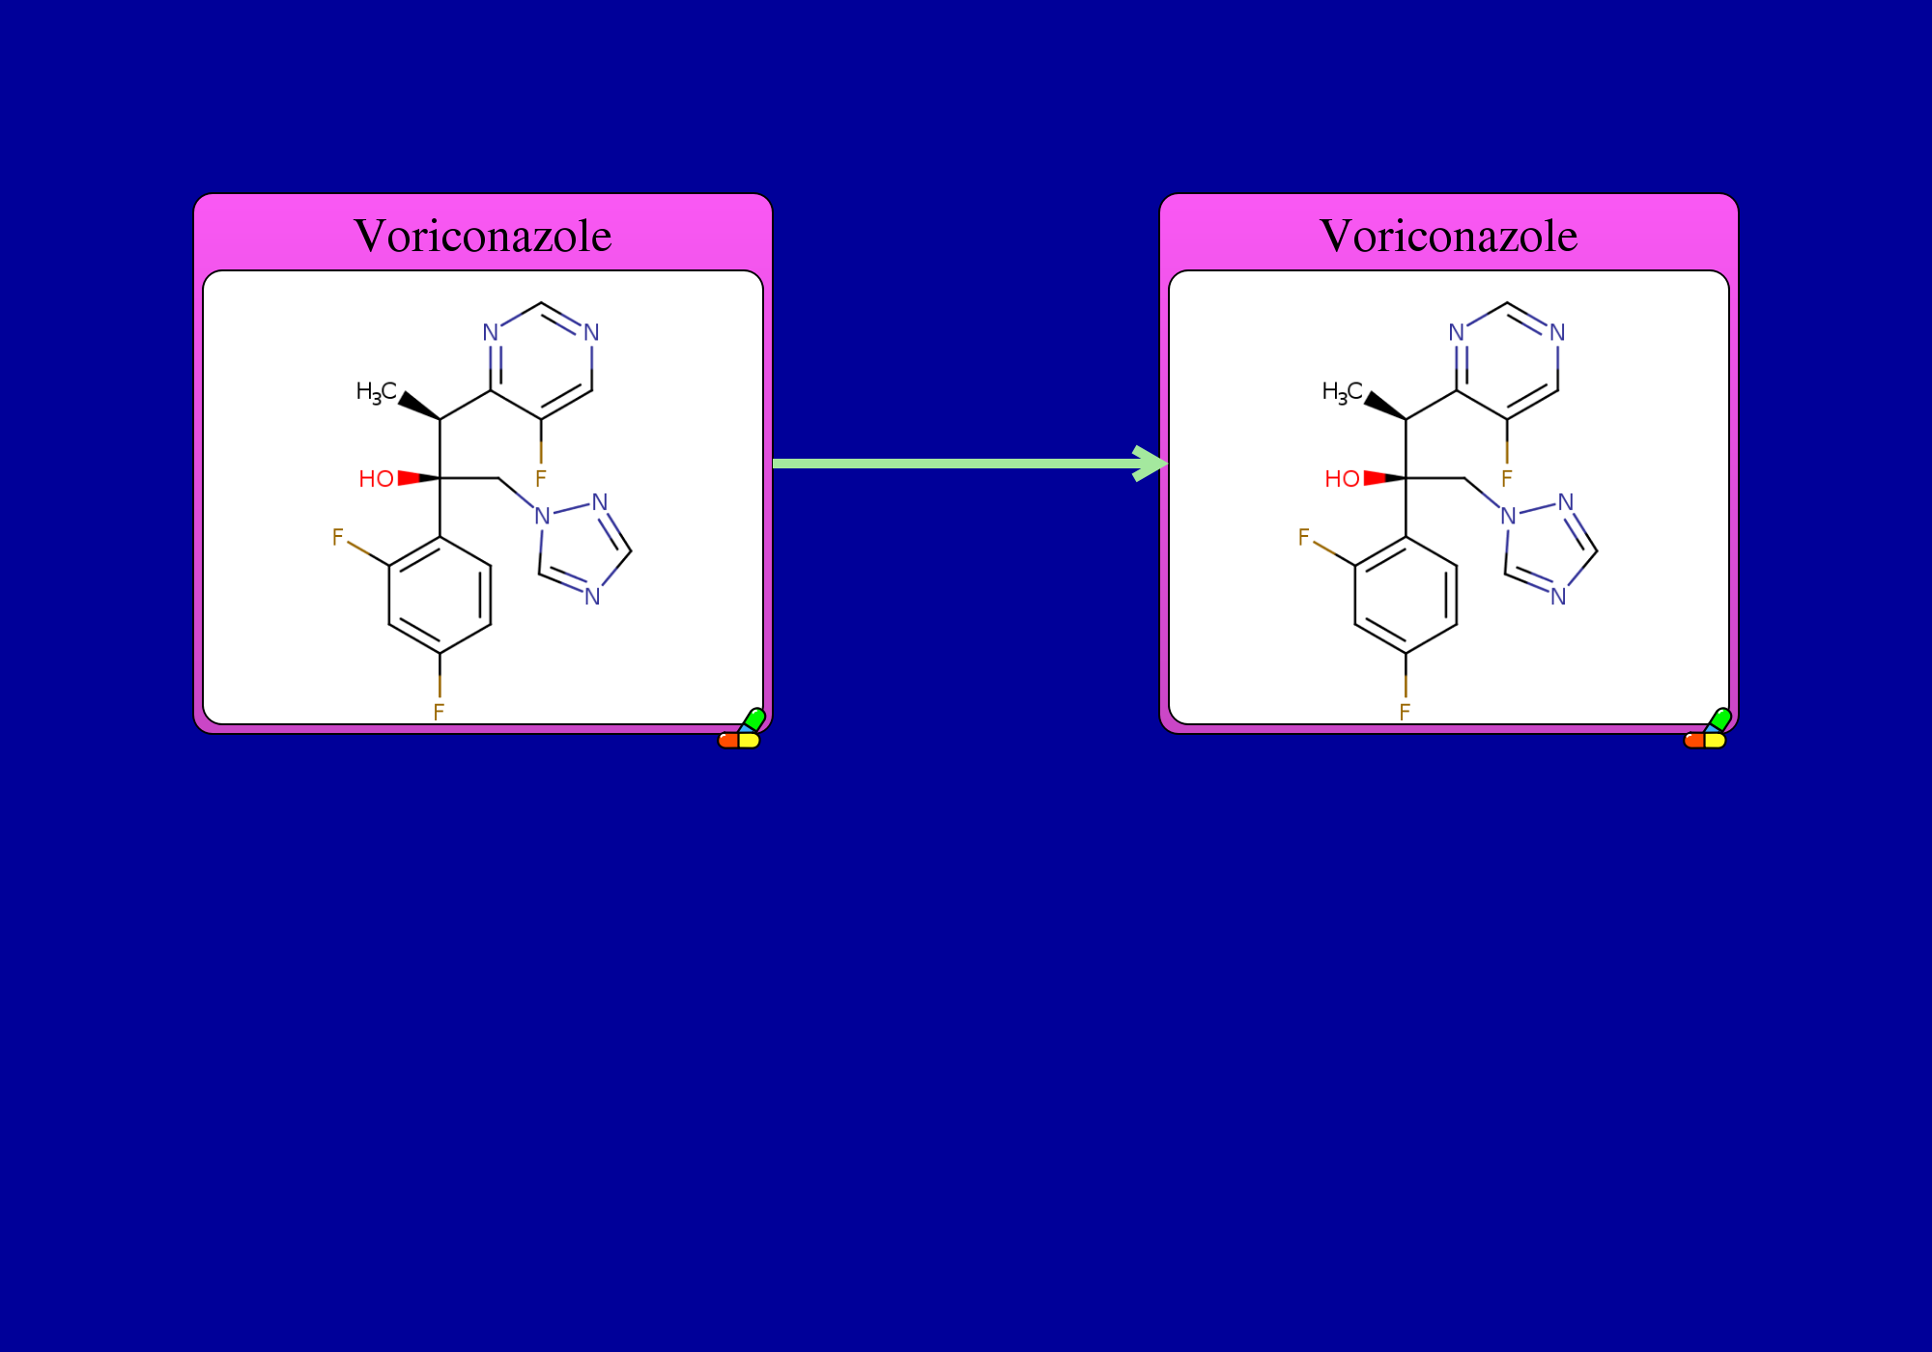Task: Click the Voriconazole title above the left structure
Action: pos(483,236)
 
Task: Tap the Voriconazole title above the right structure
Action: pos(1449,236)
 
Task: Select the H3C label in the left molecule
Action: pos(377,392)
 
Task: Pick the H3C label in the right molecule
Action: pos(1343,392)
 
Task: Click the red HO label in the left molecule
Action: pos(376,479)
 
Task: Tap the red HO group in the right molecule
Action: pos(1342,479)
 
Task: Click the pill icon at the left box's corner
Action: pos(742,729)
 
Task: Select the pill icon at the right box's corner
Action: pos(1708,729)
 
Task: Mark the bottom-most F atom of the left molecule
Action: pos(440,712)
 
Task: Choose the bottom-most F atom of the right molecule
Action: pos(1406,712)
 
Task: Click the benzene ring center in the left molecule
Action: pos(440,595)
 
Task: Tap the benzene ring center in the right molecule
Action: pos(1406,595)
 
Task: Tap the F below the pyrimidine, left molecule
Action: pos(541,478)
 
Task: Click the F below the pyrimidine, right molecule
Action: pos(1507,478)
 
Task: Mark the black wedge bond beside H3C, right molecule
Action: pos(1384,406)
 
